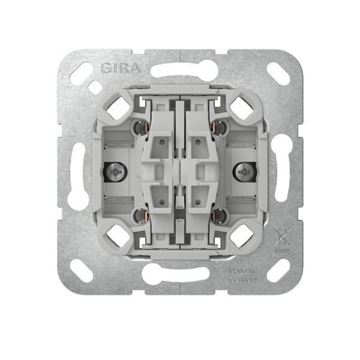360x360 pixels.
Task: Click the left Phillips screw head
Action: tap(114, 172)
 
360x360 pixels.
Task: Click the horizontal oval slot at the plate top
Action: tap(180, 71)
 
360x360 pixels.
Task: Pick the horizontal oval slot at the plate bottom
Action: tap(180, 274)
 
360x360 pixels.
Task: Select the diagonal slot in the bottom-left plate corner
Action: tap(82, 271)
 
